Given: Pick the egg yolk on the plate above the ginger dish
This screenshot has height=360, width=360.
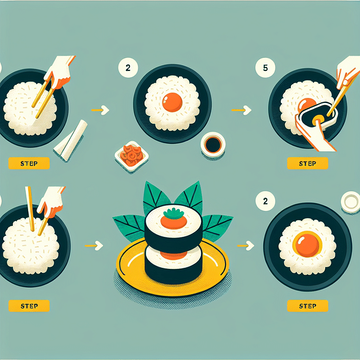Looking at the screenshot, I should (x=172, y=103).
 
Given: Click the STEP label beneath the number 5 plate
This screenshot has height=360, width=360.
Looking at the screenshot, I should (x=308, y=164).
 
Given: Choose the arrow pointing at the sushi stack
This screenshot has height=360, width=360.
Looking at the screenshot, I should (x=97, y=245).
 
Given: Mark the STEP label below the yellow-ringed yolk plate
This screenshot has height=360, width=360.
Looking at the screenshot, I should (x=308, y=305).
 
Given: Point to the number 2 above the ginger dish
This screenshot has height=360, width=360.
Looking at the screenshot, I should (x=128, y=69).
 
